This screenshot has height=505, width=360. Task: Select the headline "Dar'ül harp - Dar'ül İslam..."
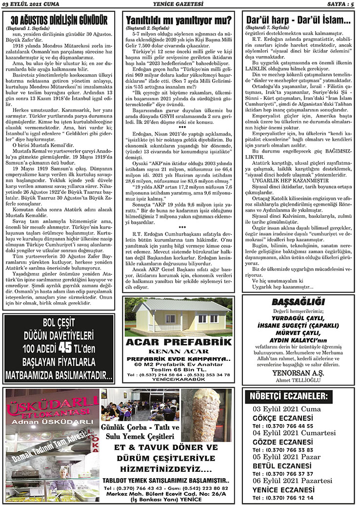pyautogui.click(x=298, y=21)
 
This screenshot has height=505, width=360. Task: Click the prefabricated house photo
pyautogui.click(x=179, y=316)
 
